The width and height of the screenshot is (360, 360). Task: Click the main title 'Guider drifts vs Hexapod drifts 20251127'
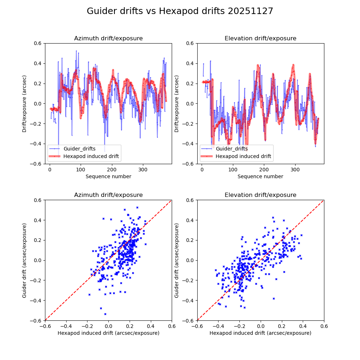(x=180, y=11)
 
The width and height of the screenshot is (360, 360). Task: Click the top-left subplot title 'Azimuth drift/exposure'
(x=108, y=39)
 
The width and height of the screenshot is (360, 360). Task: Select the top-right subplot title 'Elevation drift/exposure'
(x=260, y=39)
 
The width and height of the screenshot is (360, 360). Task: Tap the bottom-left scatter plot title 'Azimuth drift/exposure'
(x=108, y=195)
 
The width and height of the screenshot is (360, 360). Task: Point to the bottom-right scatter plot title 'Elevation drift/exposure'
(x=260, y=195)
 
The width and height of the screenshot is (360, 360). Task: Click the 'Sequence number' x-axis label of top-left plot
(x=108, y=176)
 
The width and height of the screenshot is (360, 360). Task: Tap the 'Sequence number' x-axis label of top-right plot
(x=260, y=176)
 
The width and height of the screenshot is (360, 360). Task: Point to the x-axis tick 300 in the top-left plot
(x=143, y=169)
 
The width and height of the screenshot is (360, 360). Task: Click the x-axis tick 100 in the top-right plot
(x=233, y=169)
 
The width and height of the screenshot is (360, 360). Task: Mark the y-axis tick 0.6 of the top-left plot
(x=38, y=43)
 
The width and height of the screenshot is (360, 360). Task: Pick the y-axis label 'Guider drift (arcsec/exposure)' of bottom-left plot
(x=24, y=260)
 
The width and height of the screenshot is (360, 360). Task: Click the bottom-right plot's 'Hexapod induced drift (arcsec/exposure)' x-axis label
(x=260, y=333)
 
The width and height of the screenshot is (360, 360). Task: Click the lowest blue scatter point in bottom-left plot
(x=105, y=314)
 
